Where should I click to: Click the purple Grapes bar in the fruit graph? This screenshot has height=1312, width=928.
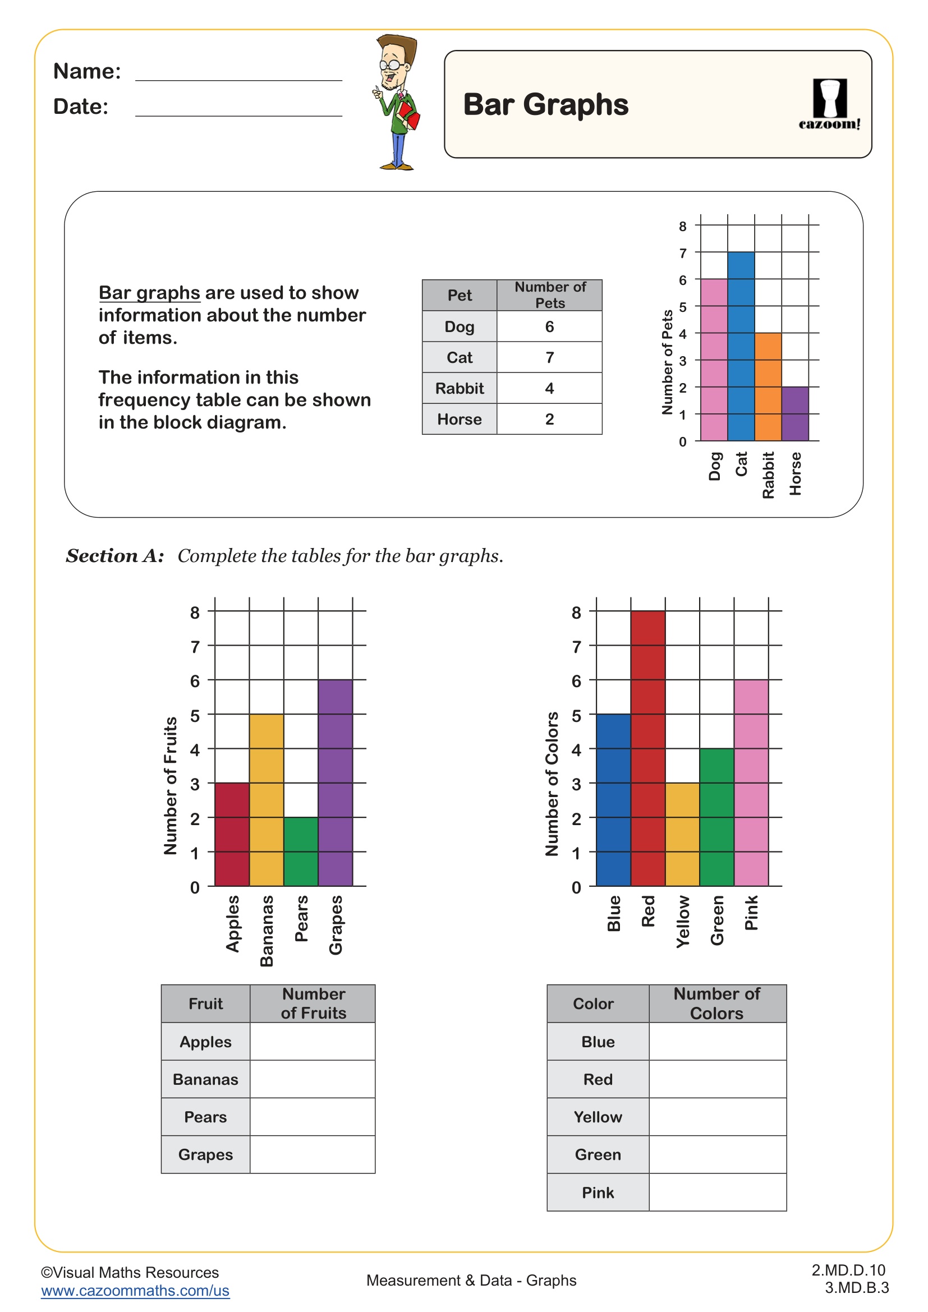(336, 783)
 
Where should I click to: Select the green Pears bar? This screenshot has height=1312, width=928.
(301, 851)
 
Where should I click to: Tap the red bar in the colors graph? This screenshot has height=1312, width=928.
(647, 749)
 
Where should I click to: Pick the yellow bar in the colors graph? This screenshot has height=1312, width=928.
(682, 834)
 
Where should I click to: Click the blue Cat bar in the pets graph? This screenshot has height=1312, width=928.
(741, 346)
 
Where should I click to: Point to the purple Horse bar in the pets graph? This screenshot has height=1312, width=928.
(795, 414)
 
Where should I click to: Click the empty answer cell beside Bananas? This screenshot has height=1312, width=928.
(313, 1079)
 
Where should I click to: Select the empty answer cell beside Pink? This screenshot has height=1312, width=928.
(717, 1192)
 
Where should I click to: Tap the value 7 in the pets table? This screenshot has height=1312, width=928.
(549, 358)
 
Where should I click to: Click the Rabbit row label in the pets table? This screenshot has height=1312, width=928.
(460, 389)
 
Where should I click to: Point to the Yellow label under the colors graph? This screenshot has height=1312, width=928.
(683, 921)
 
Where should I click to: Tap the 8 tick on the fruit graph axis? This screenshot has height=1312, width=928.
(195, 613)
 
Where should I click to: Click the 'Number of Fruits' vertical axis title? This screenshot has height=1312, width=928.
(171, 785)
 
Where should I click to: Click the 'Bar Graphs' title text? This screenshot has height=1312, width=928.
(545, 104)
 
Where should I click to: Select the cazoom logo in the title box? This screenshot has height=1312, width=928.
(829, 104)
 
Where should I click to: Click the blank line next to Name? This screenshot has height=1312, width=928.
(238, 73)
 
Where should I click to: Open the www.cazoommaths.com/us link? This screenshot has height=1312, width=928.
(135, 1290)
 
